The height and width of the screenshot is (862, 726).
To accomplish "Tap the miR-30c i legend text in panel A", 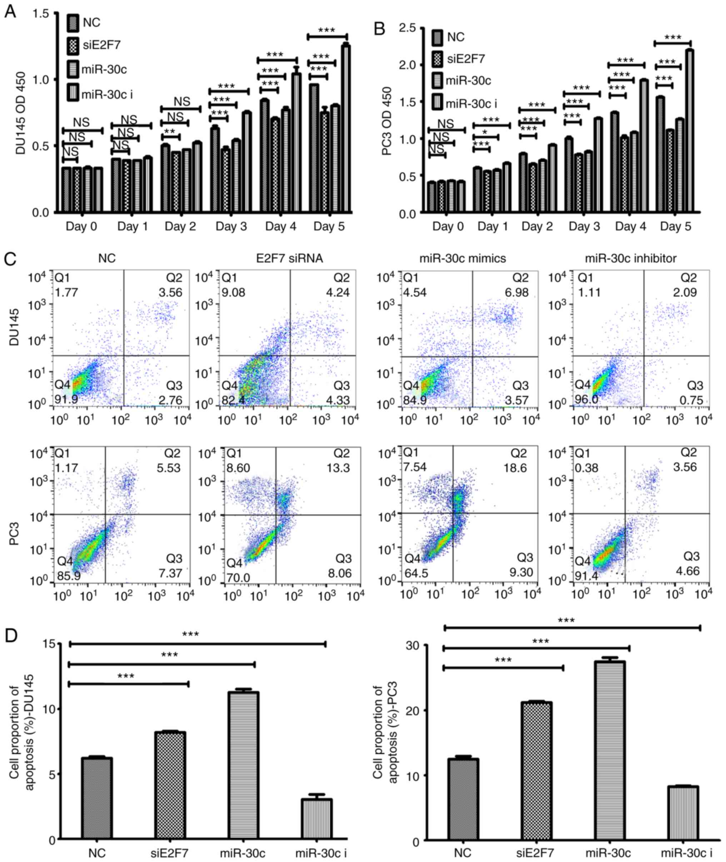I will pos(107,95).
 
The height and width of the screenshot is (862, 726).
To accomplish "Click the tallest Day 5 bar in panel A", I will pos(346,128).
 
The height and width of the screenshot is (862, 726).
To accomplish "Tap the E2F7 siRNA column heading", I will pos(287,258).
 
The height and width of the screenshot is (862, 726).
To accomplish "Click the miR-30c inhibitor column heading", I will pos(631,258).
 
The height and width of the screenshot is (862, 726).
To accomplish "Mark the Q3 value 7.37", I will pos(170,573).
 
